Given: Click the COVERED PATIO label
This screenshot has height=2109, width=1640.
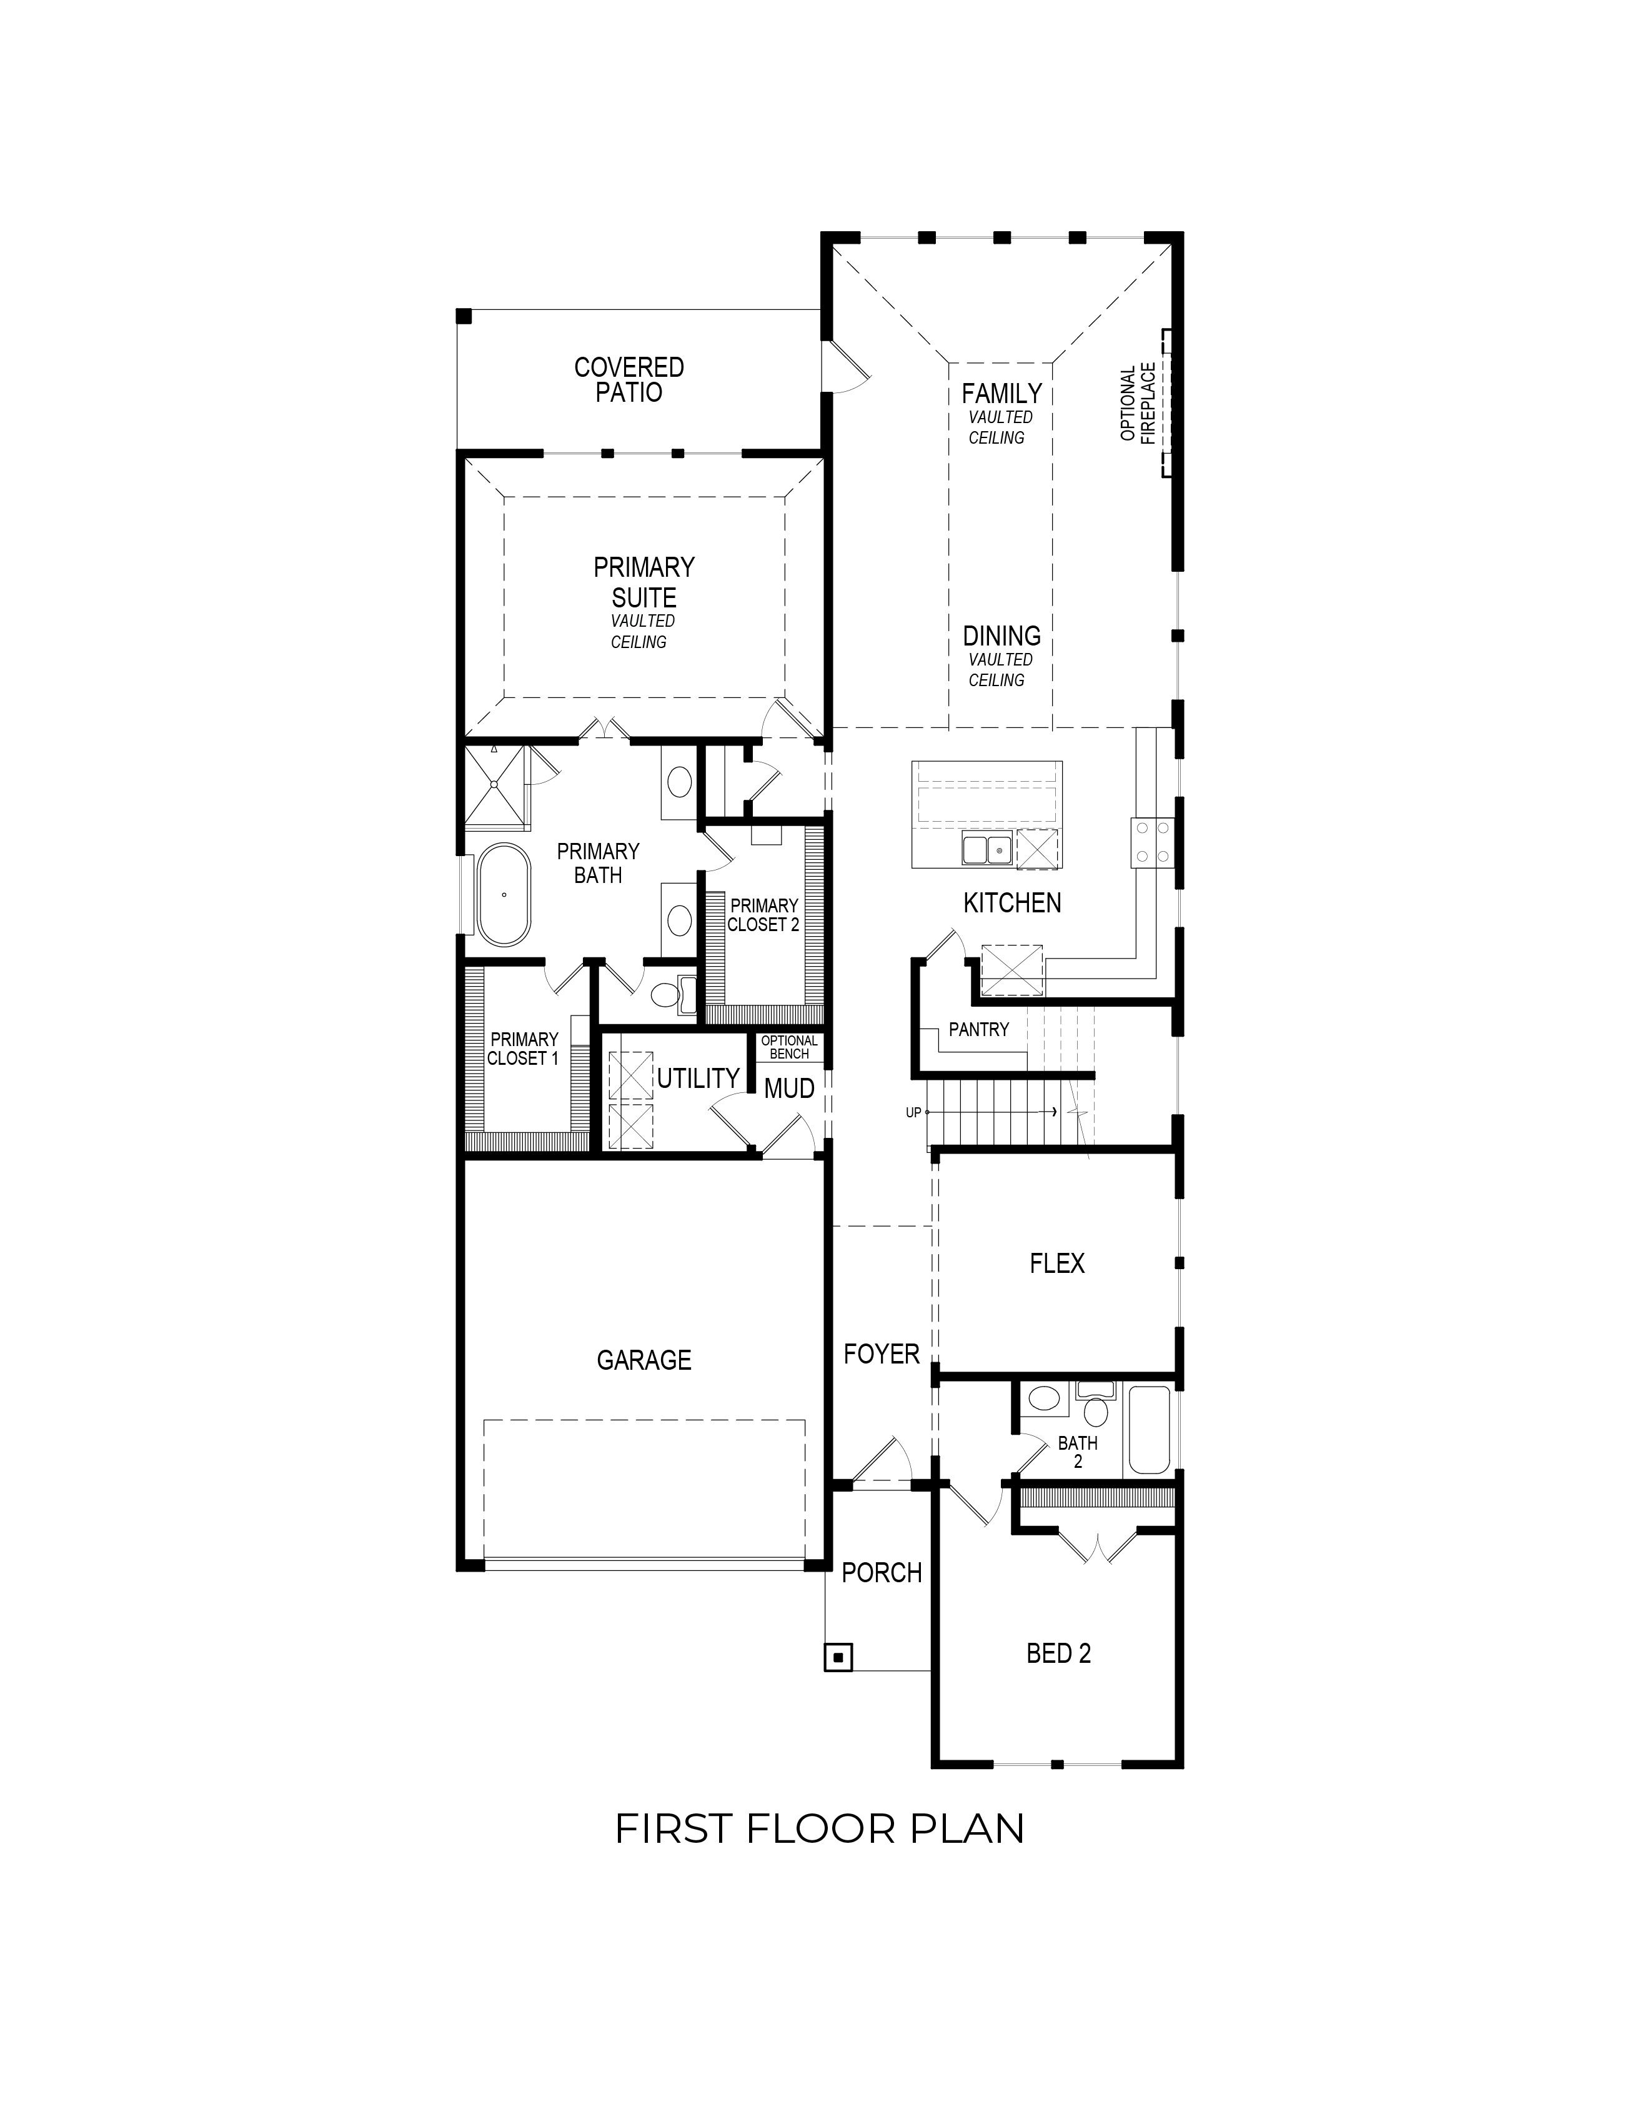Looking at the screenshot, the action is coord(629,379).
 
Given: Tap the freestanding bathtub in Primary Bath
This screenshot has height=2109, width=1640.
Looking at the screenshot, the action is coord(504,894).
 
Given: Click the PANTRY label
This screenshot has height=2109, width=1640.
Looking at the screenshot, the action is coord(979,1029).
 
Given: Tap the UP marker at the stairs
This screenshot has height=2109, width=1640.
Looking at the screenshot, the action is coord(913,1112).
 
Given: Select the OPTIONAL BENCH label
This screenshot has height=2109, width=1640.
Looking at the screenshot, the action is coord(790,1047).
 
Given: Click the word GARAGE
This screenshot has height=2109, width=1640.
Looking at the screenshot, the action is coord(644,1360).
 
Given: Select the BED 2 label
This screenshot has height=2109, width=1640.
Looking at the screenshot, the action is coord(1059,1653).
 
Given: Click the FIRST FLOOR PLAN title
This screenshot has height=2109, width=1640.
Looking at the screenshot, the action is coord(820,1829).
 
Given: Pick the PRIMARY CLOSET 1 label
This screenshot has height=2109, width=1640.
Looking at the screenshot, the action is coord(523,1049).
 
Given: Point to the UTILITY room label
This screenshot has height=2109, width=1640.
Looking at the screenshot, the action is coord(698,1078).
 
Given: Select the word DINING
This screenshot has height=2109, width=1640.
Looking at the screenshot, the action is coord(1002,636).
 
